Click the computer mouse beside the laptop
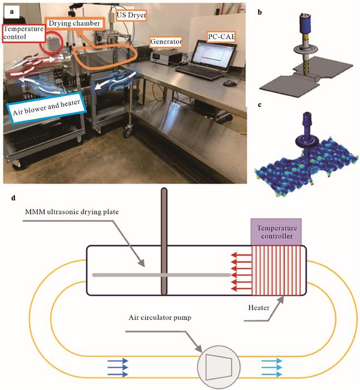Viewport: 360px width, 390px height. click(228, 83)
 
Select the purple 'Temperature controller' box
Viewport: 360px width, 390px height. click(277, 233)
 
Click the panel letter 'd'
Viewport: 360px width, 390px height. click(7, 197)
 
